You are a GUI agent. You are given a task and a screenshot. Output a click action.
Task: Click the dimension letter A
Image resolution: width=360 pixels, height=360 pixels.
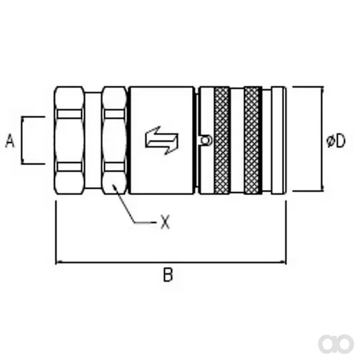coord(10,140)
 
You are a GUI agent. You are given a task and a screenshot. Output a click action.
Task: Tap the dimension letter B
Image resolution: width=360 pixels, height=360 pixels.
coord(168,275)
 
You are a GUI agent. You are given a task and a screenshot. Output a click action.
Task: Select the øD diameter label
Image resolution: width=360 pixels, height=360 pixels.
coord(335,141)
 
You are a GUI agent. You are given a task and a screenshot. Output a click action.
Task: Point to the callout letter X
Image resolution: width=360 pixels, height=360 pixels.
coord(166,222)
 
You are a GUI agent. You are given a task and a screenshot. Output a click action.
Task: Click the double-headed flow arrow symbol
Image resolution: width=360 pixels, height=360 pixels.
coord(161,140)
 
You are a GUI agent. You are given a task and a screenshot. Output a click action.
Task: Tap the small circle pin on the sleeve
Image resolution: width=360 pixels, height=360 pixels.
coord(205,140)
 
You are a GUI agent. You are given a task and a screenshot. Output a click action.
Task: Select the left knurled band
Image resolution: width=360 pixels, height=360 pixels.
coord(222,140)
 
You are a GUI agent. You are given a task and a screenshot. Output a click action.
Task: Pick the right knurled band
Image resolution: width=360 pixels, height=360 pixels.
coord(253,140)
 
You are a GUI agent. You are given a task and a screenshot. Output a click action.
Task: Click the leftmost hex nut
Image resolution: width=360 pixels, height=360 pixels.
coord(69,140)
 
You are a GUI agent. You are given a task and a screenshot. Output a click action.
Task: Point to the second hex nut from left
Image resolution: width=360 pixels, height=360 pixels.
coord(115,140)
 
